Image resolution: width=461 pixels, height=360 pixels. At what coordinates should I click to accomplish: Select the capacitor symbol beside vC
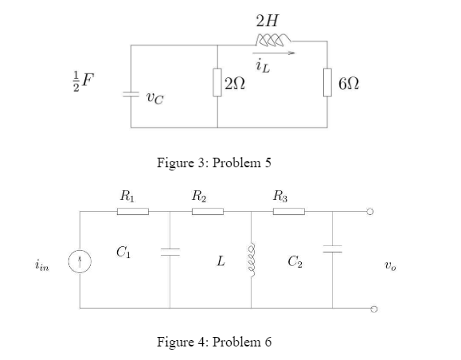130,93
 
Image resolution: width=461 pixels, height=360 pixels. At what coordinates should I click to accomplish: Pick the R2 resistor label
201,194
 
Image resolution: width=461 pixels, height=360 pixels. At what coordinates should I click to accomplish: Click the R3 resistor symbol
288,211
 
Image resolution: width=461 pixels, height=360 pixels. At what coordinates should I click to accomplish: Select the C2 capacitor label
296,259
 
